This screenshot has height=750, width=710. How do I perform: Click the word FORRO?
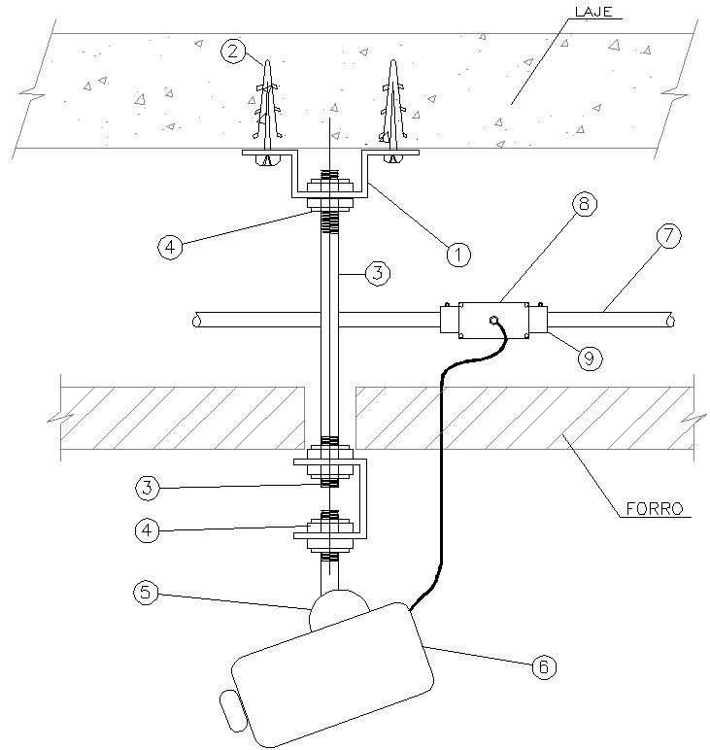click(653, 507)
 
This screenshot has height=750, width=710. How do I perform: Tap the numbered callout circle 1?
click(458, 254)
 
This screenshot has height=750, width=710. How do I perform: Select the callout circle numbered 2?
click(232, 51)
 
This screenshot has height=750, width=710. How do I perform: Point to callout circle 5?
click(146, 591)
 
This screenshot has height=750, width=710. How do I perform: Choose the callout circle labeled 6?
click(544, 665)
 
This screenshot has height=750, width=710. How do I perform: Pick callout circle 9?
click(589, 357)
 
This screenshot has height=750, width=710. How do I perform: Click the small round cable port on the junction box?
click(493, 320)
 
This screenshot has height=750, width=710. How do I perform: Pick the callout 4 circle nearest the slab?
click(171, 247)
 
